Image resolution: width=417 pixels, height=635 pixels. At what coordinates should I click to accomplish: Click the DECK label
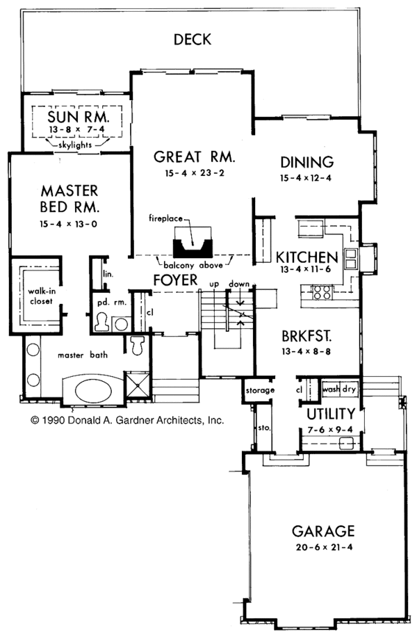pos(192,39)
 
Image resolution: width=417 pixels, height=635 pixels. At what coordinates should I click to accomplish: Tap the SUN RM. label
pos(74,114)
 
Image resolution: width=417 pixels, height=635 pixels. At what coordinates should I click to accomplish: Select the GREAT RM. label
pos(195,156)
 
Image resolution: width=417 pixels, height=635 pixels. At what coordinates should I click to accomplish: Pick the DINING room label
pos(307,162)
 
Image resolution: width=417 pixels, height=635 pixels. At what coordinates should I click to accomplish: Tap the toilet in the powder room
pos(101,322)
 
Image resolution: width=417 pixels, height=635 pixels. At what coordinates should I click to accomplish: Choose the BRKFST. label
pos(301,335)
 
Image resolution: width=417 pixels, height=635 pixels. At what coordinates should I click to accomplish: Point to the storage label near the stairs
pos(259,390)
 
